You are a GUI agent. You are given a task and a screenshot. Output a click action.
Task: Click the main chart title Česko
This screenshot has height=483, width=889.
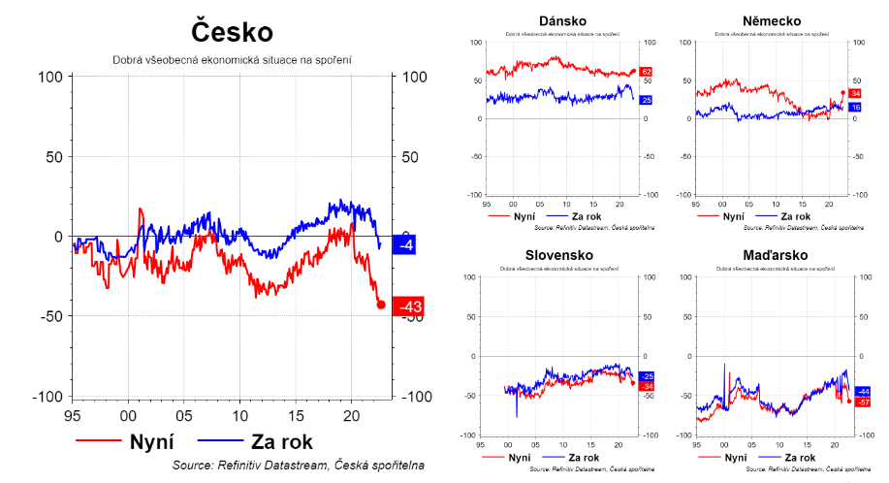point(232,32)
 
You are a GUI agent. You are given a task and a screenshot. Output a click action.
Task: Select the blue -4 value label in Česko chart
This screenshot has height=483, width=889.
point(406,245)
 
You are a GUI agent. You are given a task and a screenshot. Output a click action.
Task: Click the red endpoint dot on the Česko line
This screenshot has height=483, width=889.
point(381,305)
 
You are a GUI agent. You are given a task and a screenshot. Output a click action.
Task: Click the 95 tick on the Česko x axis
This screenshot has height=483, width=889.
point(72,415)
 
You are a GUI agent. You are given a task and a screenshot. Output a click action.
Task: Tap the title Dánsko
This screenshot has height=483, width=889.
point(562,21)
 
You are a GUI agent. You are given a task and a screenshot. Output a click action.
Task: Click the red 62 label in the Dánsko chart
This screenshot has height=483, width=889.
point(647,73)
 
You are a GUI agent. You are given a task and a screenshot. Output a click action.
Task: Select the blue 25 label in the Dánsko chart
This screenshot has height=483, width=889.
point(647,100)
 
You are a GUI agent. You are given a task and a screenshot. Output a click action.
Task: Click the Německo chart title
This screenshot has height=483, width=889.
point(772,21)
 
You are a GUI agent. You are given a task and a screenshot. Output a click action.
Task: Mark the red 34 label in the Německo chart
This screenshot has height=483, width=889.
point(855,93)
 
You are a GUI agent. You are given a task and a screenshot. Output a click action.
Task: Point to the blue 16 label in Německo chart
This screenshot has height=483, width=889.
point(855,107)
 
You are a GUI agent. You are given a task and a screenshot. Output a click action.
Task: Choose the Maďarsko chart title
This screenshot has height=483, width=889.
point(772,256)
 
